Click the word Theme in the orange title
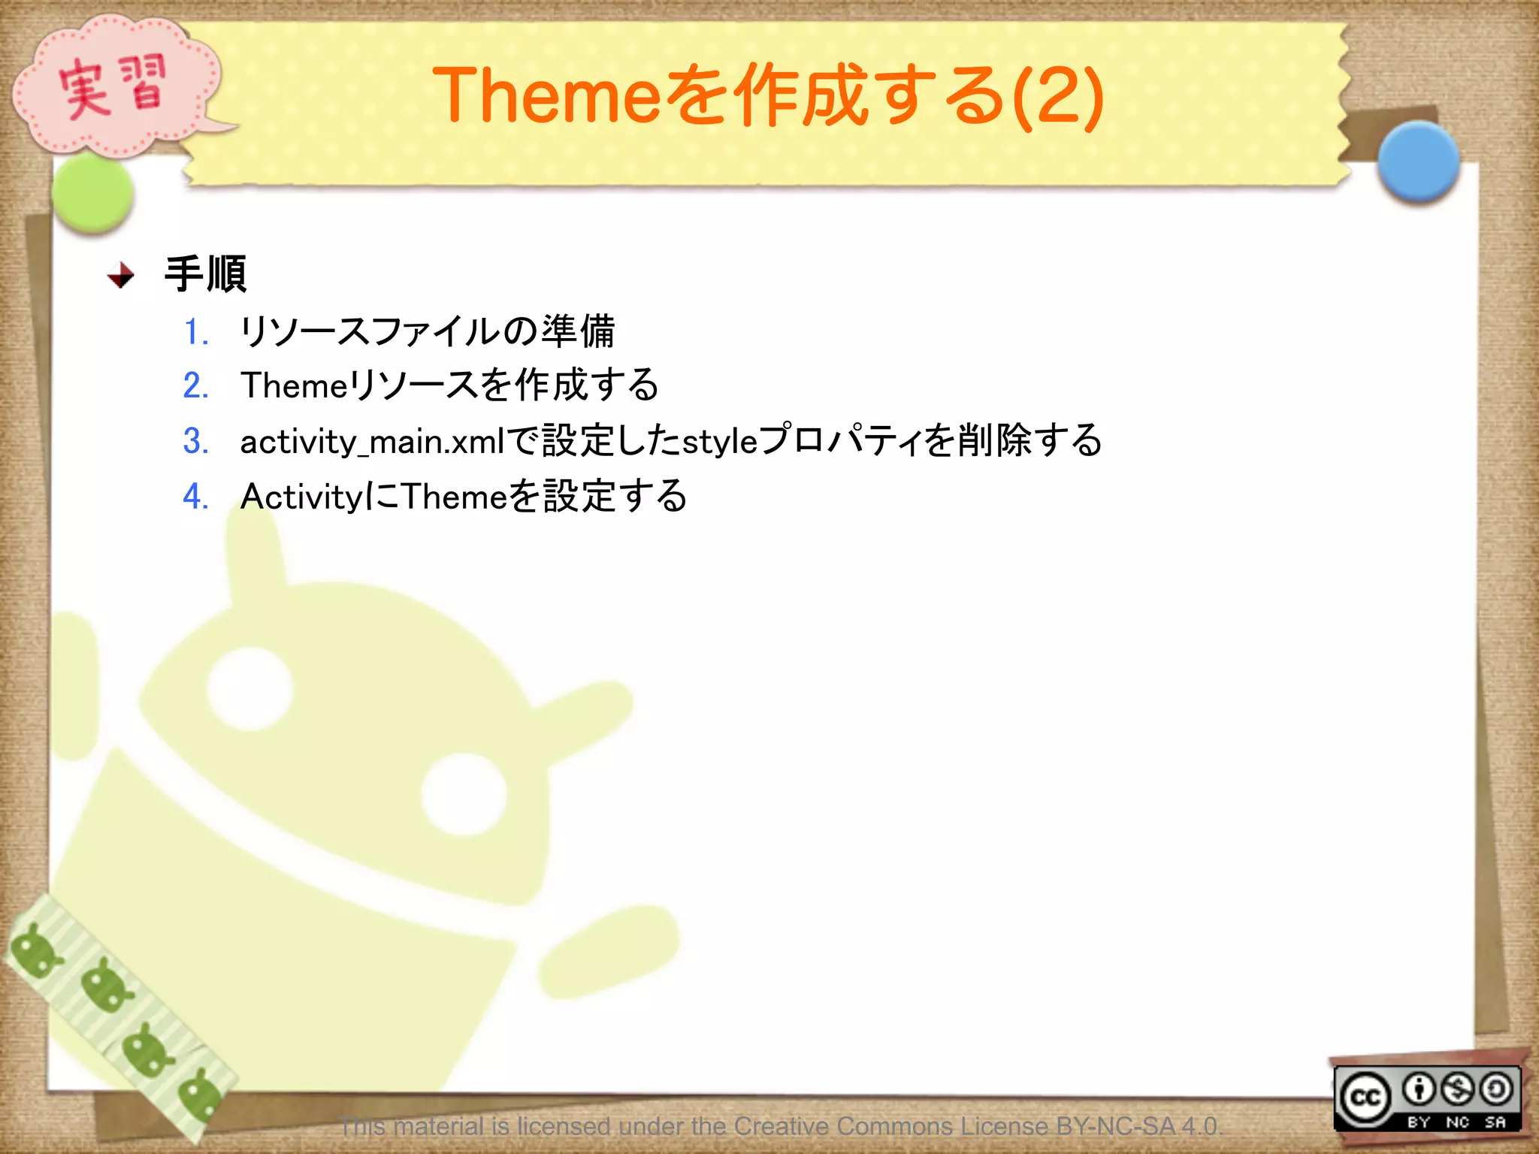545,95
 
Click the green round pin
93,193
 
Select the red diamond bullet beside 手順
121,275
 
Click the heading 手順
205,274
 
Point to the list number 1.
195,331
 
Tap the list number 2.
195,385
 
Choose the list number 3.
195,441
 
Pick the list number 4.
195,497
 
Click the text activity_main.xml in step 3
371,442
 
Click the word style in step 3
719,442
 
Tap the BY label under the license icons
1418,1122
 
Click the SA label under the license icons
1495,1122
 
